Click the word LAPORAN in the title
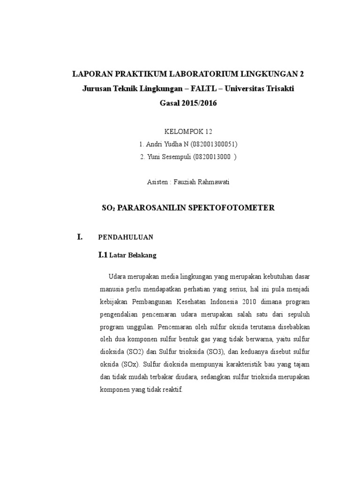click(x=90, y=74)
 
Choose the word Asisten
click(x=157, y=182)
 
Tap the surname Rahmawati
click(x=212, y=182)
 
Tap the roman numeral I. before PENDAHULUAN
click(x=80, y=237)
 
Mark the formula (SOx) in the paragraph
click(x=127, y=364)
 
